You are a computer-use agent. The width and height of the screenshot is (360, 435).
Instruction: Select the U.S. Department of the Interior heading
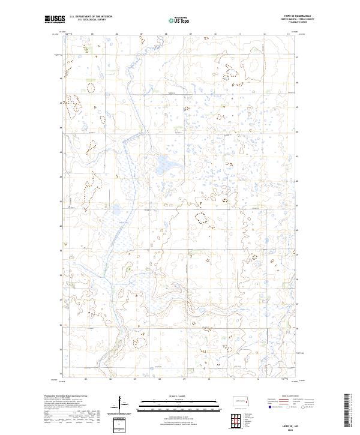click(x=90, y=17)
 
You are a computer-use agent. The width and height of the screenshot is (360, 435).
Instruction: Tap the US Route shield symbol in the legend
click(x=288, y=407)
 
